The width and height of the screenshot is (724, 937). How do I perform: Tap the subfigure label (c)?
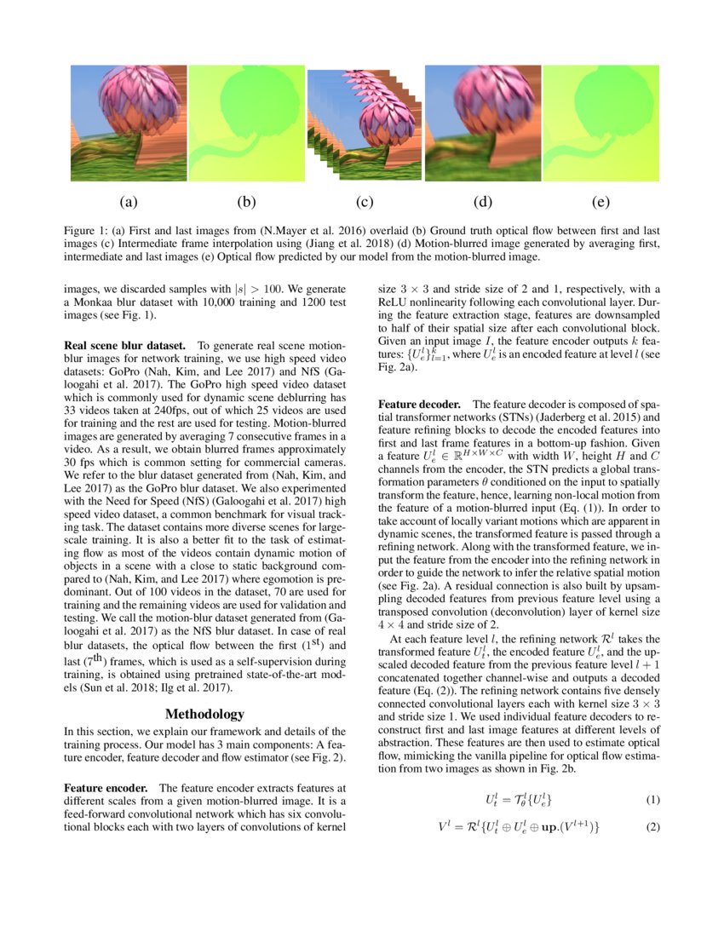coord(365,203)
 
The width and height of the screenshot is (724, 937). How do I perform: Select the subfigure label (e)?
coord(600,203)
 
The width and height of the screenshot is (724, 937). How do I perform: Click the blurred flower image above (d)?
coord(483,124)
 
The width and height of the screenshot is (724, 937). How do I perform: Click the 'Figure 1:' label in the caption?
coord(88,232)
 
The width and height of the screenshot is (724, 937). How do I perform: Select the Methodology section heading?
coord(204,714)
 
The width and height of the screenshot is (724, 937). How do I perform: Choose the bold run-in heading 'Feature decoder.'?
coord(420,404)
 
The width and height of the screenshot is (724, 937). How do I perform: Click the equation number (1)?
coord(652,800)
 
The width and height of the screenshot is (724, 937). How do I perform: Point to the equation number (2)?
coord(652,827)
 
